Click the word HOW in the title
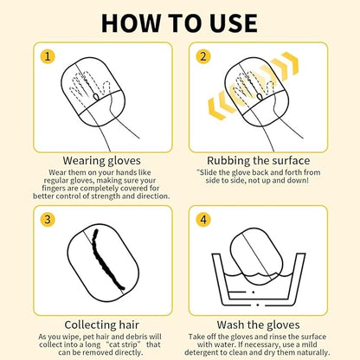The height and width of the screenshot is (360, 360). coord(131,22)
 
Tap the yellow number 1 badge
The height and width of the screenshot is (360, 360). coord(48,56)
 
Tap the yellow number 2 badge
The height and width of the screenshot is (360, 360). coord(203,56)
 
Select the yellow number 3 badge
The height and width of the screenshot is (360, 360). coord(48,220)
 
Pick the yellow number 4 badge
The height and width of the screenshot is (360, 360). coord(203,220)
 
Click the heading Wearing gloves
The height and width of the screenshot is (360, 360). coord(102,161)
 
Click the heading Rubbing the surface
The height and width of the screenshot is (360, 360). coord(259,161)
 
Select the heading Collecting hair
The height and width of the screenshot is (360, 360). coord(101,325)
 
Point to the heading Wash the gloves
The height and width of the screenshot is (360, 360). coord(259,325)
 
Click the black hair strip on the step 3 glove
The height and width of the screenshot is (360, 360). coord(106,258)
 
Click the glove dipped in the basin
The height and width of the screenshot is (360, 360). coord(256,257)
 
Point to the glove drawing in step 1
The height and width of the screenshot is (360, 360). coord(93,94)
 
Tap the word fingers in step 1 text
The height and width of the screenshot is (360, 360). coord(54,189)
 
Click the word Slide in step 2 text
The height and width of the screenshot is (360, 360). coord(208,172)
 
